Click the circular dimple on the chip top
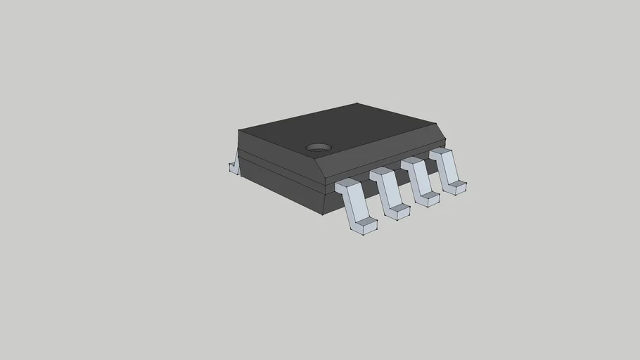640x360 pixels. [319, 148]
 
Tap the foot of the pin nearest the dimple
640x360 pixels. [365, 226]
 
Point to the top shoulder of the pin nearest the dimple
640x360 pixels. [347, 184]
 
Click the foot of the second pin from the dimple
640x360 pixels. [398, 211]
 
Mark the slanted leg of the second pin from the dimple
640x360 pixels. [390, 191]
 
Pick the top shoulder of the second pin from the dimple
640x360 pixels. [381, 172]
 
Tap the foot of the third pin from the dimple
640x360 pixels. [428, 198]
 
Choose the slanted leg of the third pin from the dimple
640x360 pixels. [420, 180]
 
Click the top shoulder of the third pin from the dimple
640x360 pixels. [412, 162]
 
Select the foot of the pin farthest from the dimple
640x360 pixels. [456, 186]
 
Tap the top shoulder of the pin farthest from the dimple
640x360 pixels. [440, 152]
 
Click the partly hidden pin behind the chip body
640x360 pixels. [234, 167]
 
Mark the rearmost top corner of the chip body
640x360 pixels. [357, 104]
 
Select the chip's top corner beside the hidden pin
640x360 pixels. [238, 130]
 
